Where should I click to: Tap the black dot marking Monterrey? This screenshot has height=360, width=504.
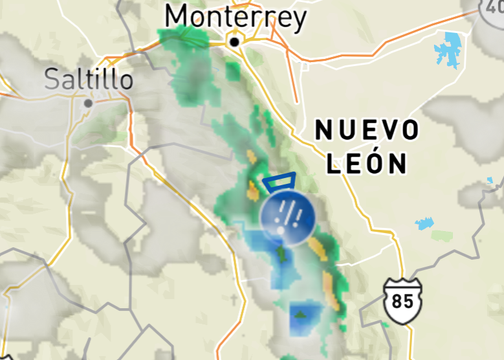click(235, 42)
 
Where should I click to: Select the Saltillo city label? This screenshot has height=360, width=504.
click(89, 80)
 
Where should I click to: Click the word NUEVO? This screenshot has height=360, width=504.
click(367, 131)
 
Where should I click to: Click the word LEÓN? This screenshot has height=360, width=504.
click(366, 163)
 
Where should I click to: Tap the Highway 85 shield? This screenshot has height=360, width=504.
click(402, 300)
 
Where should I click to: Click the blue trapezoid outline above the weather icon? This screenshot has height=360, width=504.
click(279, 181)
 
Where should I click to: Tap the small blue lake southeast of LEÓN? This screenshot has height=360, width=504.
click(424, 224)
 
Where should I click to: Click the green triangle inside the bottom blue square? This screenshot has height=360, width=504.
click(300, 315)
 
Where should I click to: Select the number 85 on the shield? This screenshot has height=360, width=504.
click(402, 302)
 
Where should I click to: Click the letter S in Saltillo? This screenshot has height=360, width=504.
click(52, 80)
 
